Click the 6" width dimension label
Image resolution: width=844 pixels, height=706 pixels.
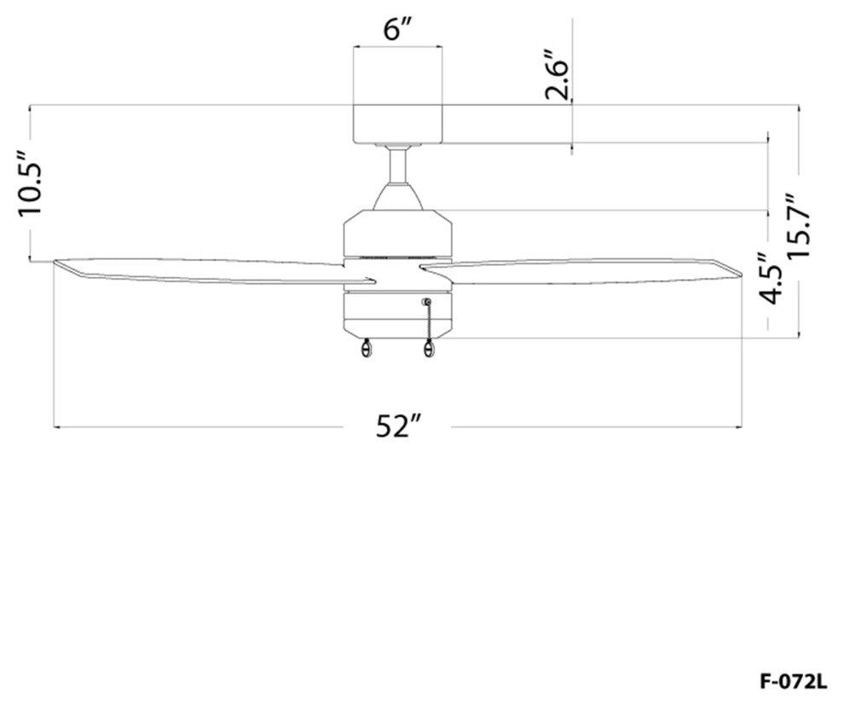pyautogui.click(x=397, y=30)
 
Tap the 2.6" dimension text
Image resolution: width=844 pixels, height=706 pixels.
pyautogui.click(x=556, y=75)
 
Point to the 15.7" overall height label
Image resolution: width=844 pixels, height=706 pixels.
pyautogui.click(x=799, y=226)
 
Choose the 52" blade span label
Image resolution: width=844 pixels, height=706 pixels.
pyautogui.click(x=397, y=426)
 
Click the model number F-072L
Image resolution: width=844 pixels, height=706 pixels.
pyautogui.click(x=793, y=682)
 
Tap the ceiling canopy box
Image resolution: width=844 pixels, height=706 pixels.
pyautogui.click(x=397, y=124)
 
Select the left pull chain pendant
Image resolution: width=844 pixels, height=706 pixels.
pyautogui.click(x=367, y=349)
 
